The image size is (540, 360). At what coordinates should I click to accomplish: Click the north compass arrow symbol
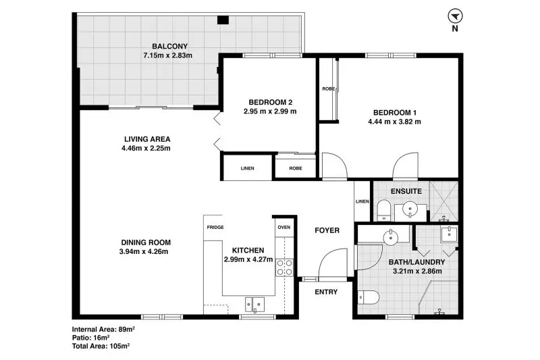tap(455, 16)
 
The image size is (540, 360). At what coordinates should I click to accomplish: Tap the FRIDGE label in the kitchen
tap(215, 228)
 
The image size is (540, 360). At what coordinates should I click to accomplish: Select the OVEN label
tap(284, 228)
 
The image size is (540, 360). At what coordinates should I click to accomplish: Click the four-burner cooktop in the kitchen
tap(284, 267)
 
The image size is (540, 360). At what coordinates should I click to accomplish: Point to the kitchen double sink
tap(254, 305)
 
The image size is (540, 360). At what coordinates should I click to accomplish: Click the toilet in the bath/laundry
tap(368, 297)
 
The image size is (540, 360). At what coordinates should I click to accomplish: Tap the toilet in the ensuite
tap(383, 210)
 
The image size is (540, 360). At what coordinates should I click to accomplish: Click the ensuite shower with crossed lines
tap(444, 201)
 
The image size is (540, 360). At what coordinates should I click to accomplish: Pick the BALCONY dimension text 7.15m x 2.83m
tap(167, 55)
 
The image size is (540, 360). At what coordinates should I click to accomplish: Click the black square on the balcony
tap(223, 20)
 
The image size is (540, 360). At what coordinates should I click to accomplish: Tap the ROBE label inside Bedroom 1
tap(328, 89)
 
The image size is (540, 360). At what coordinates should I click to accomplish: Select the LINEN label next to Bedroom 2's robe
tap(247, 168)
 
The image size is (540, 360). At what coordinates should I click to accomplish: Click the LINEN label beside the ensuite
tap(362, 201)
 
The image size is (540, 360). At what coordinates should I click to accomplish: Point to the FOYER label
tap(327, 230)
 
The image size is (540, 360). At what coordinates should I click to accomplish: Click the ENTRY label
tap(326, 292)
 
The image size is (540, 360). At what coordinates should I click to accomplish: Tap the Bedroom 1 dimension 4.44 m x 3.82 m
tap(394, 122)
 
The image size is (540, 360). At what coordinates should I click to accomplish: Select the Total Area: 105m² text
tap(101, 346)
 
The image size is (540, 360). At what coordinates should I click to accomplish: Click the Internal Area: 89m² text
tap(103, 329)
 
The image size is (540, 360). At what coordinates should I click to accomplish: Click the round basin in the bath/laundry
tap(391, 237)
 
